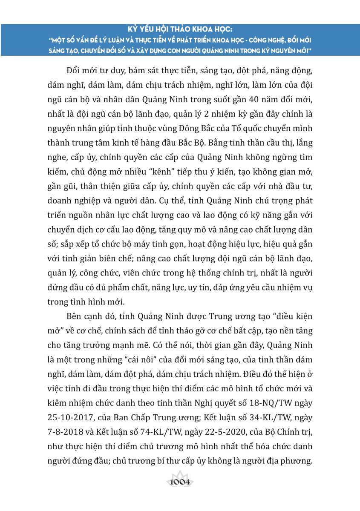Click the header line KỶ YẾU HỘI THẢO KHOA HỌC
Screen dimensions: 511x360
[x=179, y=30]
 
